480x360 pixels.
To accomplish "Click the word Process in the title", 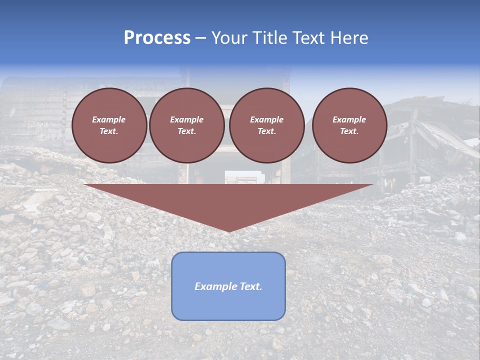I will pos(157,38).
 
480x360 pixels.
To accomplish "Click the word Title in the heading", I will pos(269,38).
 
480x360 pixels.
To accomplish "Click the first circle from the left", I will pos(109,125).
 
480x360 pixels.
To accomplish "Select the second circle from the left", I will pos(186,125).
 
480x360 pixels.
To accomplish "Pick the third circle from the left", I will pos(266,125).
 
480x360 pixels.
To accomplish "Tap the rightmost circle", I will pos(349,125).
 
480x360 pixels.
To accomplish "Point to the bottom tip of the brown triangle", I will pos(228,231).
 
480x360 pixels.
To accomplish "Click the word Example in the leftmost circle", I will pos(109,119).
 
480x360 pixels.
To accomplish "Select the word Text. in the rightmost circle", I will pos(349,131).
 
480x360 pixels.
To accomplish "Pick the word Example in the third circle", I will pos(266,119).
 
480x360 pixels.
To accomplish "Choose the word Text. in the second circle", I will pos(186,131).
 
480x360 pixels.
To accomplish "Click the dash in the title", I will pos(200,38).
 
